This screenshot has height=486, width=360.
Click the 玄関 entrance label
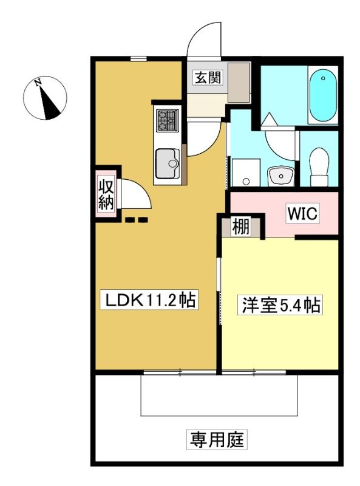(x=208, y=77)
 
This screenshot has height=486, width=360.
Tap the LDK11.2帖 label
(x=149, y=299)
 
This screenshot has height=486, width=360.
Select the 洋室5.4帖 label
(x=280, y=305)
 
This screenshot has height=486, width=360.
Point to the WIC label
(x=302, y=213)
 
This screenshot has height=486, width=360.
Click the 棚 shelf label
(x=241, y=227)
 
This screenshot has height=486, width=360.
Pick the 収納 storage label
(x=106, y=194)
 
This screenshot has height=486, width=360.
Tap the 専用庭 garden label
(x=217, y=439)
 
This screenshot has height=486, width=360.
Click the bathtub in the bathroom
(x=322, y=95)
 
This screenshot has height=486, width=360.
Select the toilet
(x=319, y=166)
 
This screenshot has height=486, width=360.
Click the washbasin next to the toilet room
(x=280, y=176)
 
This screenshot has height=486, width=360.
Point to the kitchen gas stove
(x=168, y=120)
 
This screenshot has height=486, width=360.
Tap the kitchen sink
(x=168, y=163)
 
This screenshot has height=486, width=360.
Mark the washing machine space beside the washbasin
(x=245, y=173)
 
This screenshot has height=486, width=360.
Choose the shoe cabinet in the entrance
(x=239, y=82)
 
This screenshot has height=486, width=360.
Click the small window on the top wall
(x=138, y=58)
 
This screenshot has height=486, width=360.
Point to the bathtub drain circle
(x=323, y=78)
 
